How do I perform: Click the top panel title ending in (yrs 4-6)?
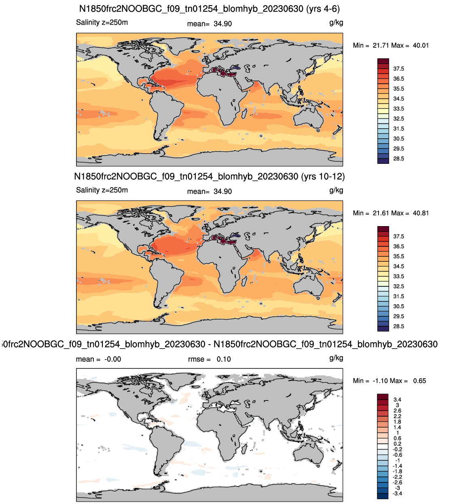click(x=210, y=8)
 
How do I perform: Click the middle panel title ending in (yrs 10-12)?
click(x=210, y=176)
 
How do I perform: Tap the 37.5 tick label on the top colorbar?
click(x=398, y=69)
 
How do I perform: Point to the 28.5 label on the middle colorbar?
click(x=398, y=326)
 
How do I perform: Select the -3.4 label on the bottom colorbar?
click(x=397, y=493)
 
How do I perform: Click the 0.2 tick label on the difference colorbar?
click(x=398, y=444)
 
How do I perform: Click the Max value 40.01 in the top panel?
click(x=421, y=45)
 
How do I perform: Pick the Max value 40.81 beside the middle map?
click(x=421, y=213)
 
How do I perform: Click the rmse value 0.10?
click(x=224, y=359)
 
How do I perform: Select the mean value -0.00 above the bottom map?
click(x=113, y=359)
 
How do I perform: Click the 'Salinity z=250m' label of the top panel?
click(x=102, y=22)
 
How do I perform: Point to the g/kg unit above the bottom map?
click(x=336, y=358)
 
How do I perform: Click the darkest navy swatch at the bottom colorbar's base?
click(x=383, y=496)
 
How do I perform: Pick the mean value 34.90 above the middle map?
click(x=222, y=192)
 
